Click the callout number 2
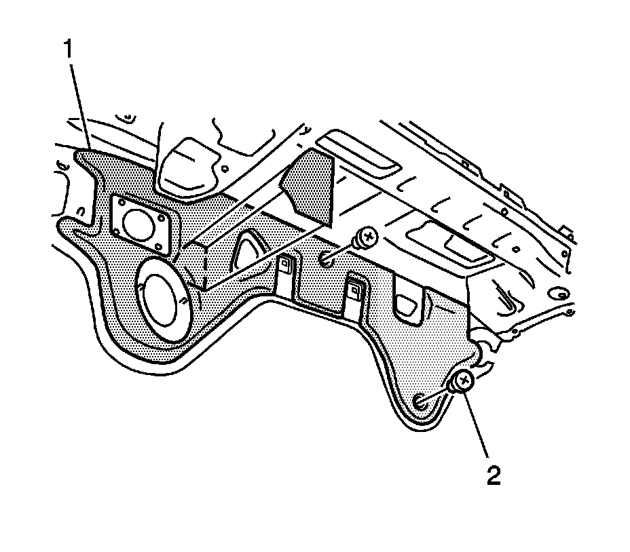click(493, 475)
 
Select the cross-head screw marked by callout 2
click(463, 381)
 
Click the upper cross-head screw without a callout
click(367, 237)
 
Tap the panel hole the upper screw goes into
click(327, 258)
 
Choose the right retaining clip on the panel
click(355, 289)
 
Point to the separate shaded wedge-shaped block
click(310, 186)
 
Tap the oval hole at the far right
click(559, 294)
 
